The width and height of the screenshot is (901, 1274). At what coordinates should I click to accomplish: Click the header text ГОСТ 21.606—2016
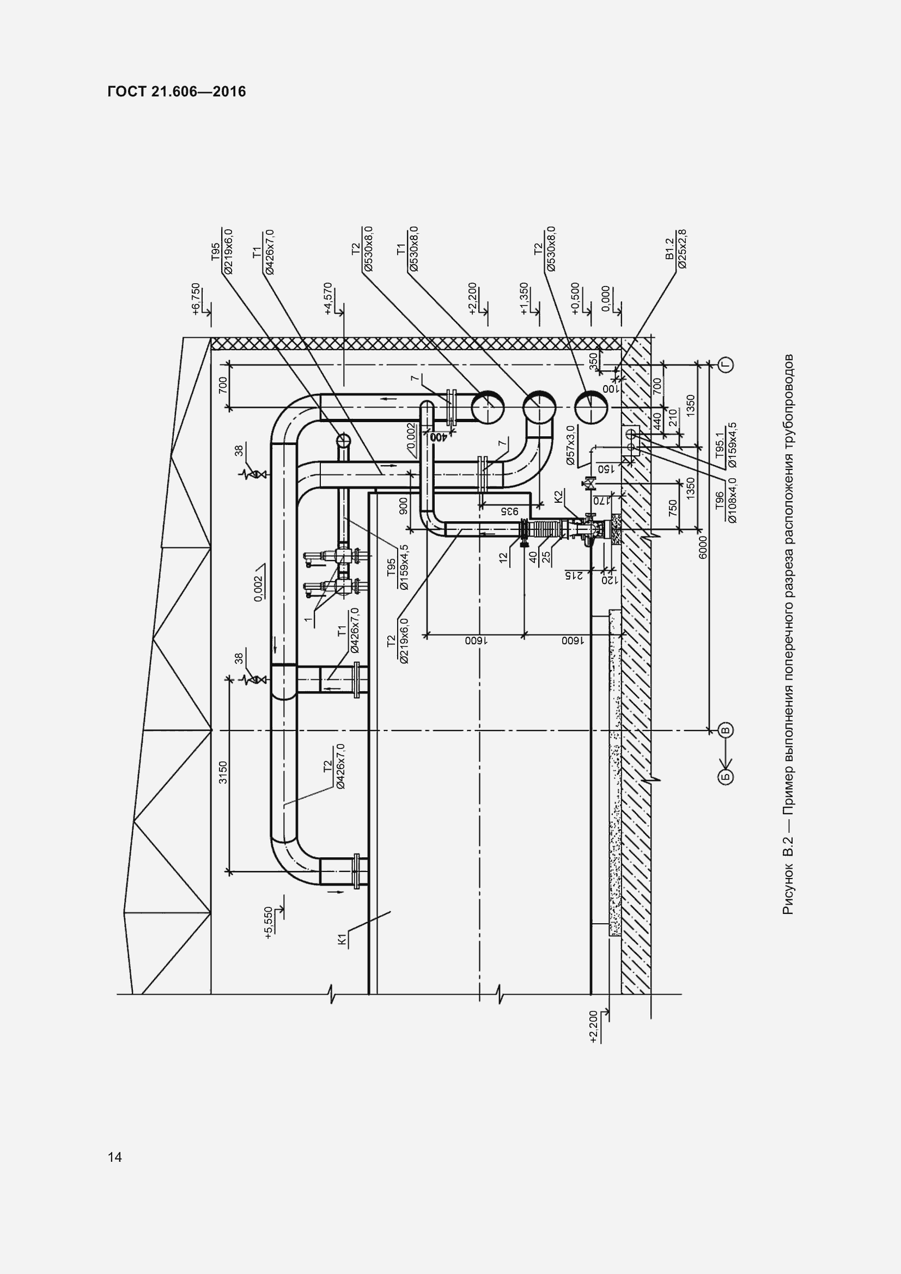pyautogui.click(x=176, y=92)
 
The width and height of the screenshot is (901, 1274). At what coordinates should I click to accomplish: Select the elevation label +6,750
pyautogui.click(x=196, y=301)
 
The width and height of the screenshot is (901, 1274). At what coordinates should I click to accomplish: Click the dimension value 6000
pyautogui.click(x=703, y=547)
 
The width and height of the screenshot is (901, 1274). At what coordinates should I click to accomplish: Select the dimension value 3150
pyautogui.click(x=223, y=773)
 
